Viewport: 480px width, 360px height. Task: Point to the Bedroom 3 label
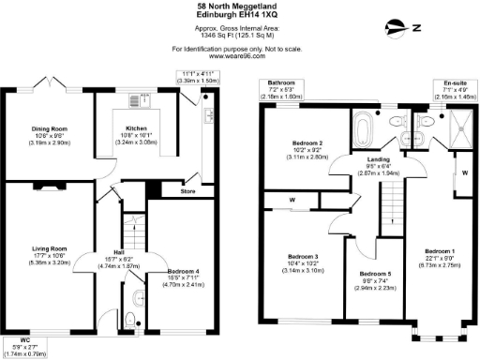[303, 256]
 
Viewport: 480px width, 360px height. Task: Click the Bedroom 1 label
[440, 252]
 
